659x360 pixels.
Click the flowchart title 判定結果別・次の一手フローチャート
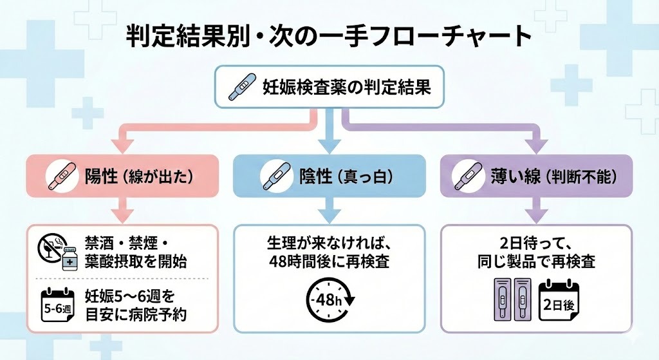coord(329,38)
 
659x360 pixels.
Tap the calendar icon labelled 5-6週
coord(57,304)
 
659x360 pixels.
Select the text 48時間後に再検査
coord(329,262)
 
